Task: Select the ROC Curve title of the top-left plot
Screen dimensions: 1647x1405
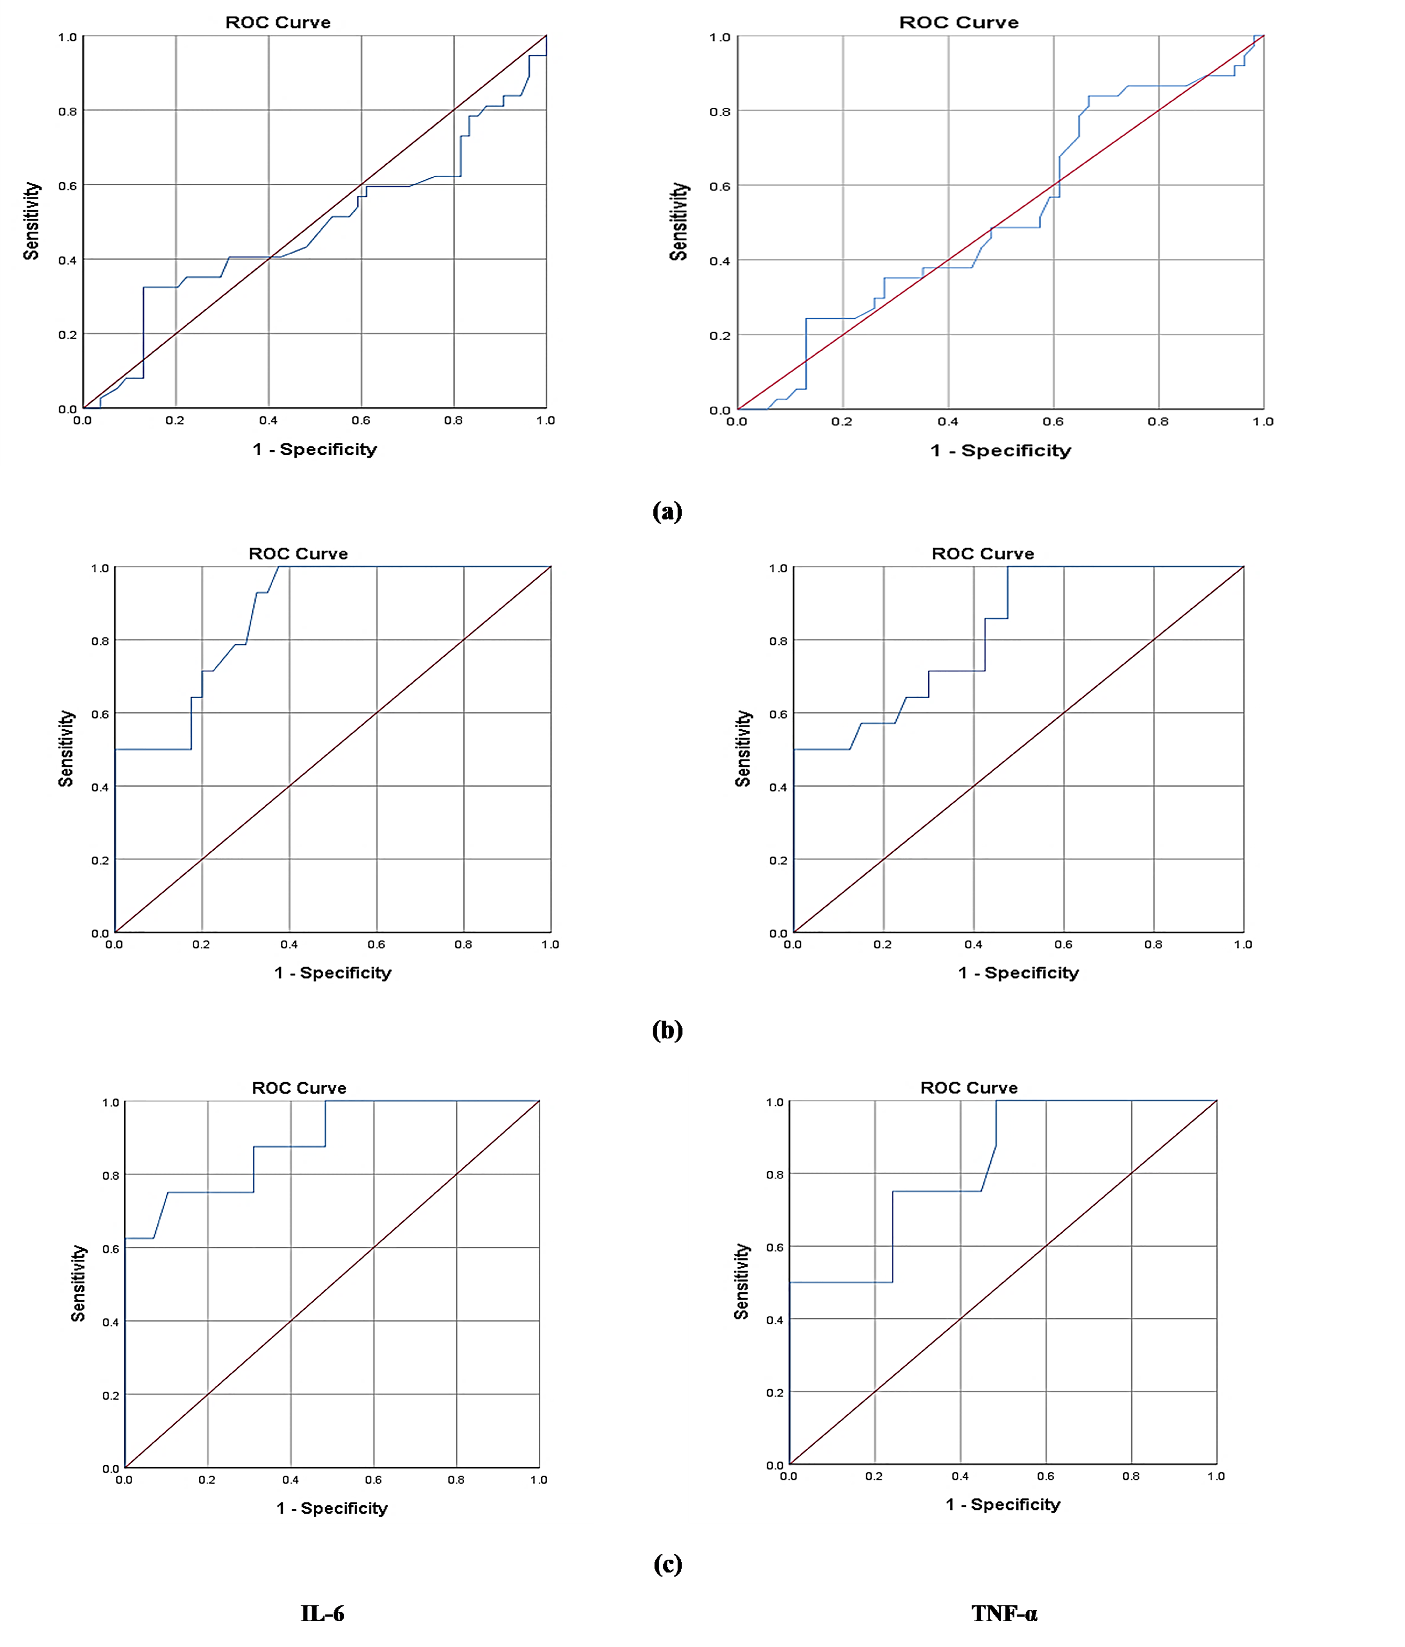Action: click(x=278, y=22)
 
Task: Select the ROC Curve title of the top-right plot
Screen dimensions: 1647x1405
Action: click(x=958, y=22)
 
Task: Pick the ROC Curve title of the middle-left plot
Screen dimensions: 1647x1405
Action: click(x=298, y=553)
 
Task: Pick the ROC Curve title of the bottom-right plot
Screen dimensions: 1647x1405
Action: click(x=969, y=1087)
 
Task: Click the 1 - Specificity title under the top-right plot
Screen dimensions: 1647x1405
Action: click(x=1000, y=451)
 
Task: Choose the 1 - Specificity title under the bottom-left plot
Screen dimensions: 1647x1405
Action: click(x=332, y=1508)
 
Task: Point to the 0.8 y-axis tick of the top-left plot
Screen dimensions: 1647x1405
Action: click(x=68, y=111)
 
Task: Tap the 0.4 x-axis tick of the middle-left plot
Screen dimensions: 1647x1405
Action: click(x=289, y=944)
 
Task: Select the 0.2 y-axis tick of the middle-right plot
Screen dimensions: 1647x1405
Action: click(x=778, y=860)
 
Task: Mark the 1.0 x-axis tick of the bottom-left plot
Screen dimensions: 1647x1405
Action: click(x=538, y=1479)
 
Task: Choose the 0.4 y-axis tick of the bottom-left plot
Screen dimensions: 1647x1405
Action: click(x=110, y=1322)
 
